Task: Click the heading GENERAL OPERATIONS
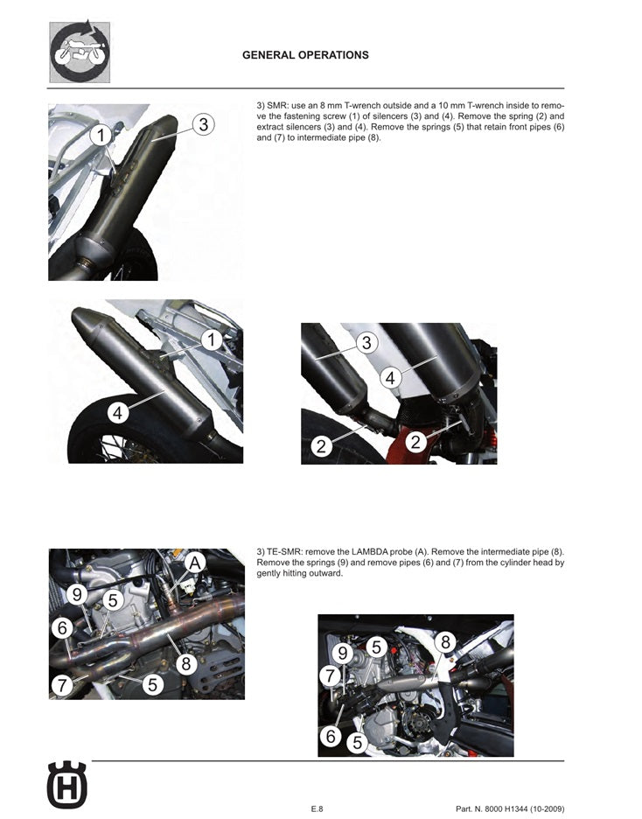click(x=304, y=55)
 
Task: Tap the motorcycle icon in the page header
click(x=79, y=52)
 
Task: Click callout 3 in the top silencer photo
click(x=202, y=124)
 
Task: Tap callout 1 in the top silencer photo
click(x=101, y=136)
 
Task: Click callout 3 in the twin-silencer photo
click(x=366, y=343)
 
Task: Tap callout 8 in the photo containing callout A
click(x=185, y=664)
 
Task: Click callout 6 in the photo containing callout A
click(x=61, y=628)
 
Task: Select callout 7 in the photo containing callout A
click(x=61, y=685)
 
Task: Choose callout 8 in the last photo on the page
click(x=444, y=641)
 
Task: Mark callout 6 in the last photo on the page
click(x=331, y=737)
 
